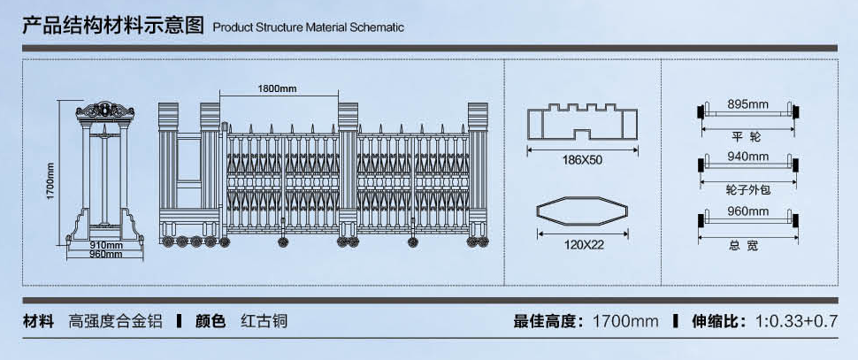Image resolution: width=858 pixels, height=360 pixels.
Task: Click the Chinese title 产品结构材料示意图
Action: tap(113, 25)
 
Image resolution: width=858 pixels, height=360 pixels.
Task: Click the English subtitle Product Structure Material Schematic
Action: tap(309, 27)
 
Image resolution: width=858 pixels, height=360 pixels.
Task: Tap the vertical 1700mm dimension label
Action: tap(51, 180)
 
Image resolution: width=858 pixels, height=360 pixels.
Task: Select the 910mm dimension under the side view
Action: tap(105, 245)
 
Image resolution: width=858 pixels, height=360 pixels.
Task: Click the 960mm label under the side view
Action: tap(105, 255)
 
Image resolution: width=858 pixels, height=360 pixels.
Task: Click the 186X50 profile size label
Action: tap(582, 161)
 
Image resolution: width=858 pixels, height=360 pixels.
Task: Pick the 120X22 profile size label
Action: tap(583, 245)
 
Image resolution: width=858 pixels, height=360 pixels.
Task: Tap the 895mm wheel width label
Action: tap(748, 104)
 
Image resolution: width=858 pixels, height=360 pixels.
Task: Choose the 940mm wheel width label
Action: tap(748, 157)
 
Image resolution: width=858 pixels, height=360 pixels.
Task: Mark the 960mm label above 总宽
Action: tap(748, 211)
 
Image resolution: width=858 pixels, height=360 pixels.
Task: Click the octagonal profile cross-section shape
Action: tap(583, 215)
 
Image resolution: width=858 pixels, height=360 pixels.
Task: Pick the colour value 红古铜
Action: tap(264, 321)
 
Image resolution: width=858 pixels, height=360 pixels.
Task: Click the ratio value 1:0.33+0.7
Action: tap(796, 321)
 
